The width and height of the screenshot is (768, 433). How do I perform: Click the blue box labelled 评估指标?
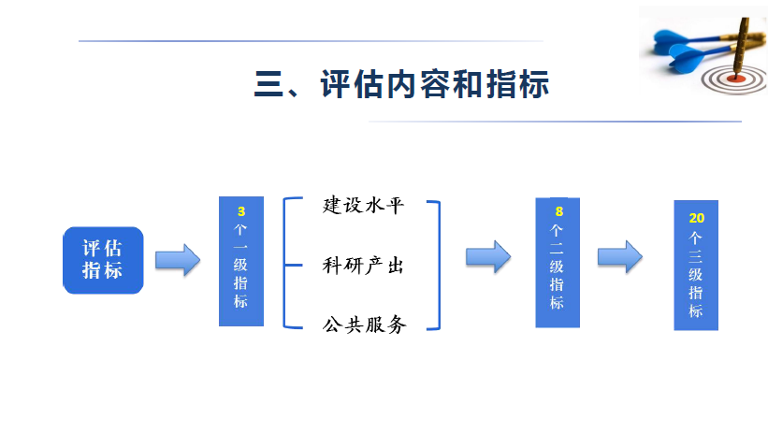[x=103, y=259]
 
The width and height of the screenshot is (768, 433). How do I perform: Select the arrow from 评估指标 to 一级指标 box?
[x=178, y=259]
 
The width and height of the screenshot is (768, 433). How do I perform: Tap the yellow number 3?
[x=241, y=211]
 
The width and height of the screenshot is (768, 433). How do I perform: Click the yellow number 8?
[x=558, y=211]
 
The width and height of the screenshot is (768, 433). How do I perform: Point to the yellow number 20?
[x=696, y=217]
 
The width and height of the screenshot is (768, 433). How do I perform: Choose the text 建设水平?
[x=363, y=206]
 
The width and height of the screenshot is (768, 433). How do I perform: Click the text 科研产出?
[x=363, y=266]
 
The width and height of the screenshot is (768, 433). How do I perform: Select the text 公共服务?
[x=363, y=325]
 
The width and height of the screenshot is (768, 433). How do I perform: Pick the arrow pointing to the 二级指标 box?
[x=488, y=255]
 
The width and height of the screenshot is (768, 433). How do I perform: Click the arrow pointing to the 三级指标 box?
[x=620, y=255]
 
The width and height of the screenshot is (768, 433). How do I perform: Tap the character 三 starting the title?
[x=269, y=84]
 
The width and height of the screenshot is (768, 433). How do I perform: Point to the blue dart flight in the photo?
[x=672, y=39]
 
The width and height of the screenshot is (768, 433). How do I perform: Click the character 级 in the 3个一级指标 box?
[x=241, y=265]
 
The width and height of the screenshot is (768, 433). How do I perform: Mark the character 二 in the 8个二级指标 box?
[x=558, y=248]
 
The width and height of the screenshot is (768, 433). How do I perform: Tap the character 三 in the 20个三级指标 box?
[x=696, y=254]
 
